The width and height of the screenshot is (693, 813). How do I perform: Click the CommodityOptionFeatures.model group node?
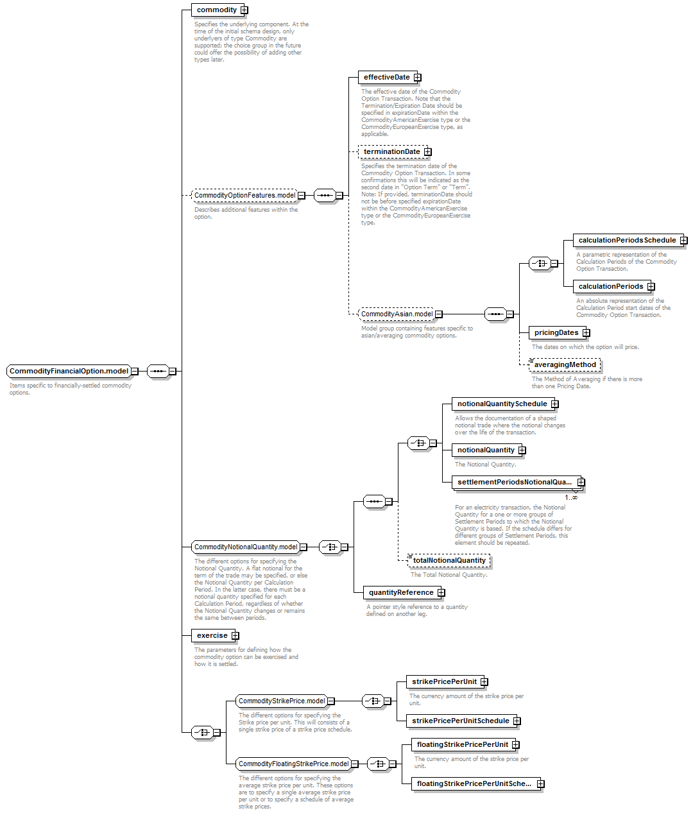tap(244, 196)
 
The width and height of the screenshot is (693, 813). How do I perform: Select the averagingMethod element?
tap(565, 365)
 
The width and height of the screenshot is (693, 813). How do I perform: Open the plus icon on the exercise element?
tap(235, 636)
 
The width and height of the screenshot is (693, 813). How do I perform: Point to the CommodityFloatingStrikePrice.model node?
tap(293, 764)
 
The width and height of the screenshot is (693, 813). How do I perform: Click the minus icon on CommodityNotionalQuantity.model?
tap(304, 547)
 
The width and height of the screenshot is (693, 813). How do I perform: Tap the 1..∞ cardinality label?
tap(571, 498)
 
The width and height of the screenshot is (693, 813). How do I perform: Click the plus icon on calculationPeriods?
tap(651, 287)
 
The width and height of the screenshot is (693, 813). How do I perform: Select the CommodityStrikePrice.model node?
tap(282, 701)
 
